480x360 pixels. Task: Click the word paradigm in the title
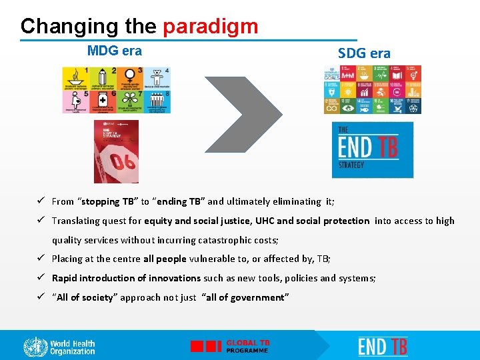coord(210,26)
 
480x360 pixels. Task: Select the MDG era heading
coord(115,51)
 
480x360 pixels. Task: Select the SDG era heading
coord(364,53)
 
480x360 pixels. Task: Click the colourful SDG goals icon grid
coord(373,89)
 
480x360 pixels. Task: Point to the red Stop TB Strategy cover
coord(116,151)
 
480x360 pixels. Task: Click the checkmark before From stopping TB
coord(41,201)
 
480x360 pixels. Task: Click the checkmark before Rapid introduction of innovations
coord(41,278)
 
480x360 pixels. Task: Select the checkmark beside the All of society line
coord(41,297)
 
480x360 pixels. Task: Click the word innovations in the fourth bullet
coord(175,278)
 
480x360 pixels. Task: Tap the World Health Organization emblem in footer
coord(35,347)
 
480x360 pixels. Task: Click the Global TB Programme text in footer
coord(248,346)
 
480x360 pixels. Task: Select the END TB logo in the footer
coord(383,347)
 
